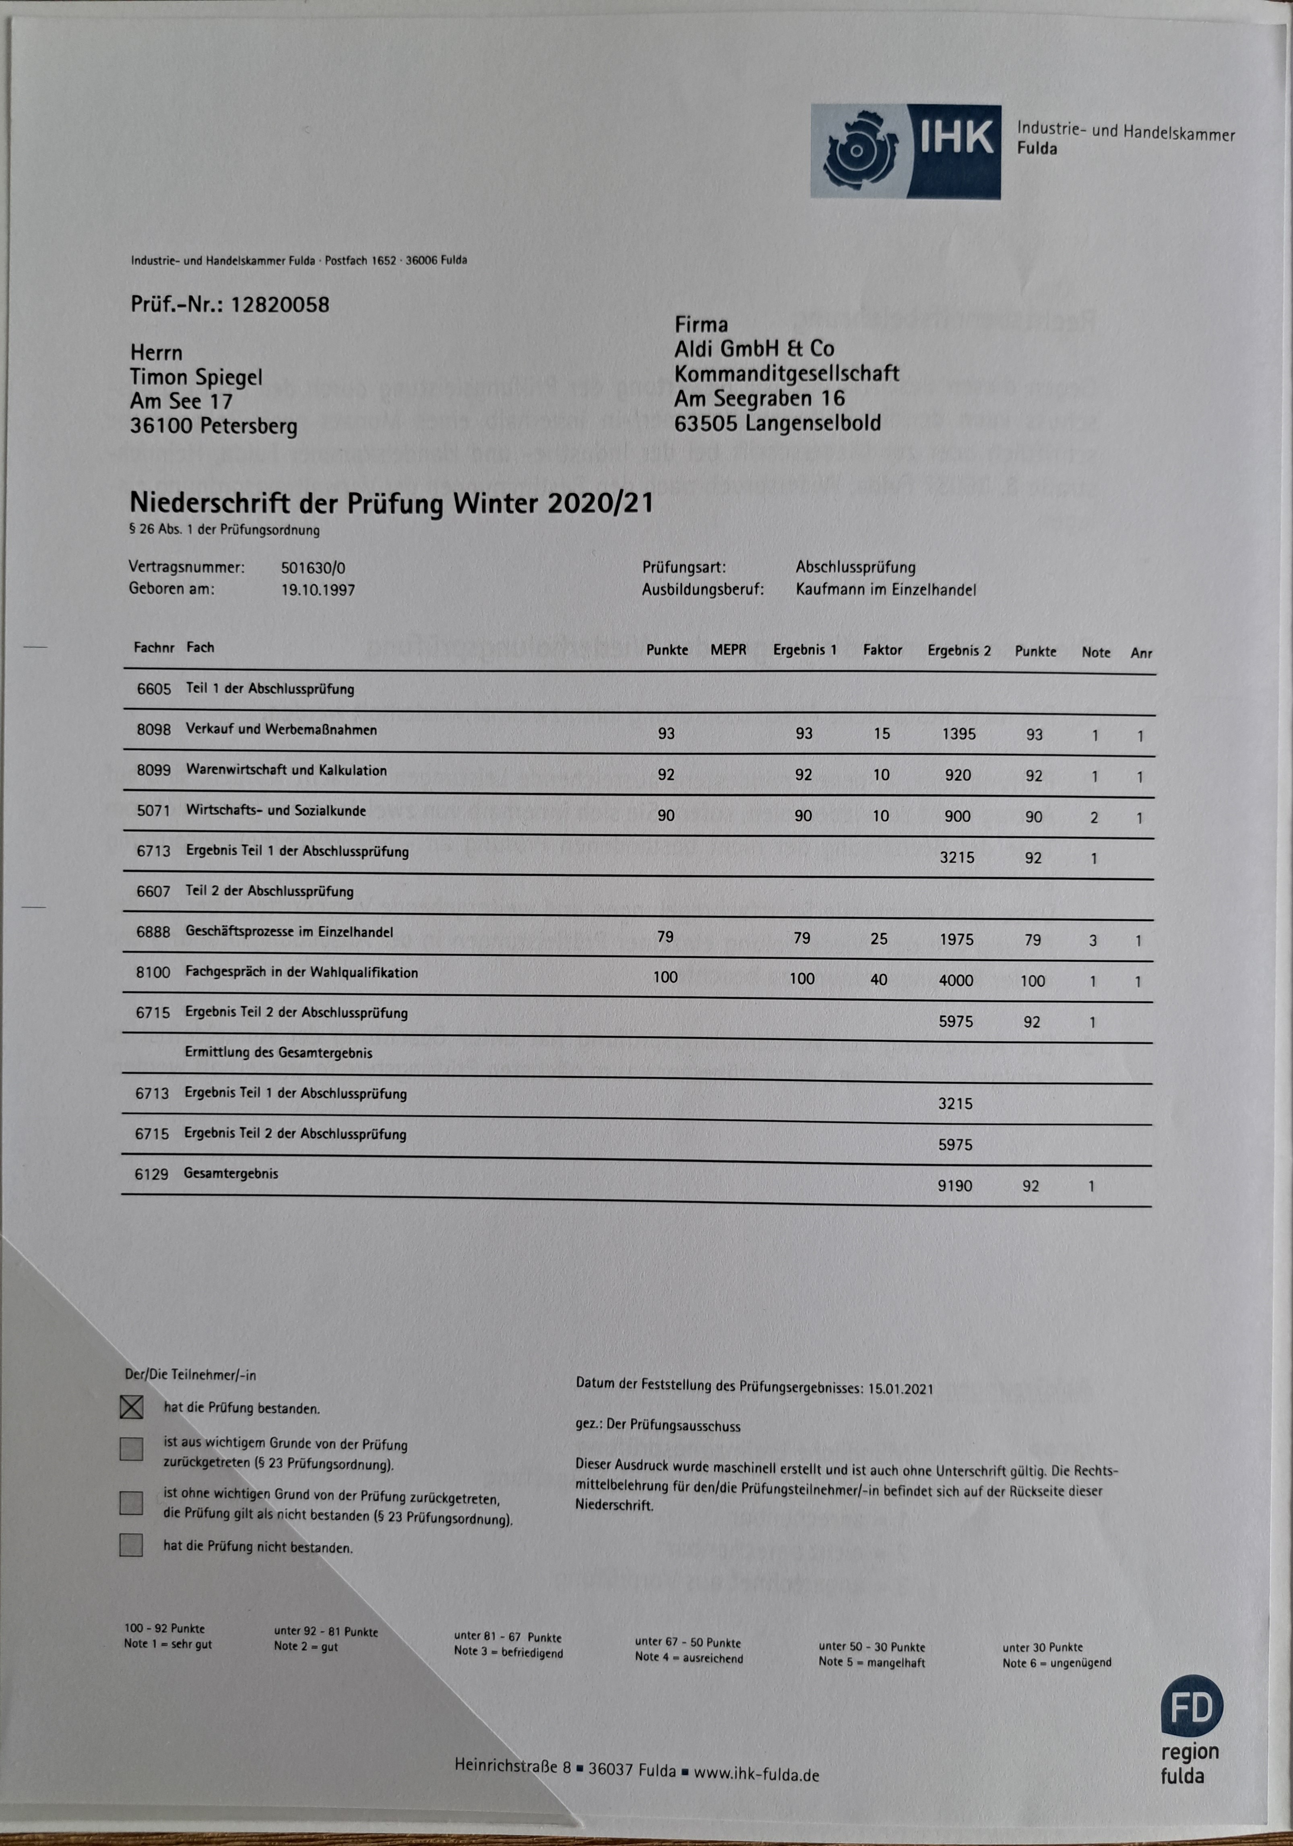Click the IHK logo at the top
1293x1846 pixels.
click(905, 151)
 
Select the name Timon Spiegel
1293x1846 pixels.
click(196, 377)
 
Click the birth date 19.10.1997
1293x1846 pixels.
click(318, 590)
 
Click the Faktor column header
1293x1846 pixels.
click(882, 650)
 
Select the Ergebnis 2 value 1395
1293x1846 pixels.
click(958, 734)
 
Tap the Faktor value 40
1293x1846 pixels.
click(879, 979)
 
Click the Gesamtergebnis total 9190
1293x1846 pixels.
click(954, 1186)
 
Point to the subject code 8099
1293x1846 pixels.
click(154, 770)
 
